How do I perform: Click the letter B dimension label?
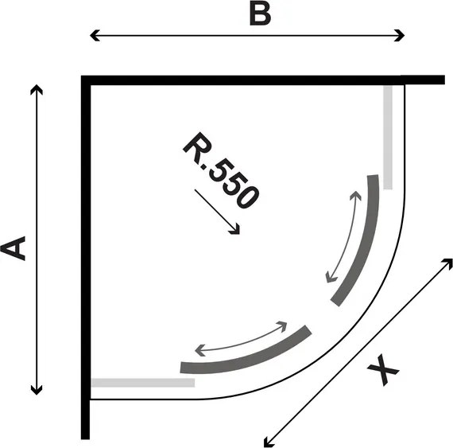point(260,15)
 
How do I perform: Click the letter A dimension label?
point(13,248)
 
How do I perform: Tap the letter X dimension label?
point(383,370)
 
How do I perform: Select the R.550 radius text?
point(221,170)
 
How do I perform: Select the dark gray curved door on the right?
point(364,243)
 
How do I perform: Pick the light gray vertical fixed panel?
point(388,138)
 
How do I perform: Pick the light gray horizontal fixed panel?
point(143,383)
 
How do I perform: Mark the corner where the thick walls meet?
point(86,80)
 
